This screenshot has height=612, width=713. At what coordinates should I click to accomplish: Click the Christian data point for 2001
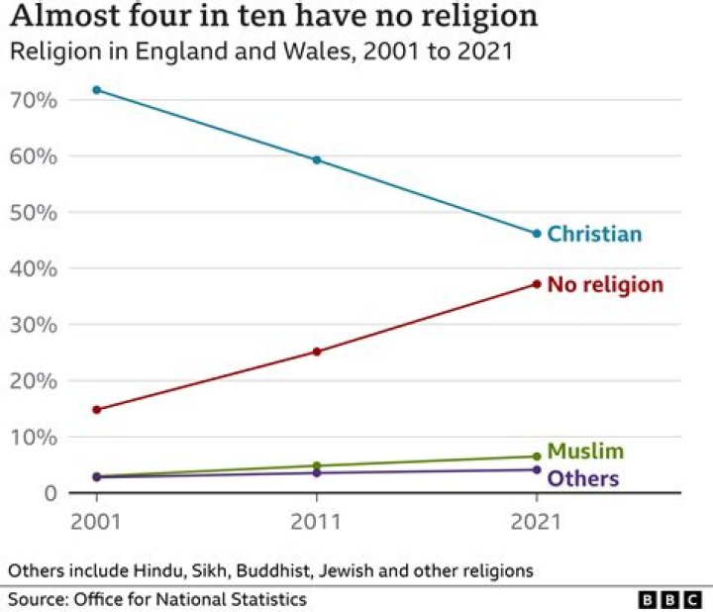(x=96, y=90)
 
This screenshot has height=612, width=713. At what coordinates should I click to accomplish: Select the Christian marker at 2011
(x=317, y=159)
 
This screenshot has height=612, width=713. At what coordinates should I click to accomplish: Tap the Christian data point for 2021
(x=537, y=234)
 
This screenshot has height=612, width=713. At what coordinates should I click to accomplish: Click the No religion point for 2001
(x=96, y=409)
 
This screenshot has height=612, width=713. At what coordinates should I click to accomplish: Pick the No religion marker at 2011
(x=317, y=352)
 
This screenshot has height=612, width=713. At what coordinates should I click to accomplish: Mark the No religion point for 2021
(x=537, y=284)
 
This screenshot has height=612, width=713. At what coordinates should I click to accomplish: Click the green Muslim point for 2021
(x=537, y=457)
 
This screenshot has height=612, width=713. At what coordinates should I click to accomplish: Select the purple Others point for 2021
(x=537, y=469)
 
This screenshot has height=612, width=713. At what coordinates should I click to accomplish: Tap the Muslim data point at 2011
(x=317, y=465)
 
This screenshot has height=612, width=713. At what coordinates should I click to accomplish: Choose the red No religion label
(x=604, y=285)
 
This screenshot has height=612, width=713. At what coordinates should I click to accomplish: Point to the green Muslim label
(x=585, y=452)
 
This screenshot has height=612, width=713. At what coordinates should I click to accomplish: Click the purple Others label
(x=583, y=479)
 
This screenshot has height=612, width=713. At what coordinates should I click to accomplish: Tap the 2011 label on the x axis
(x=317, y=520)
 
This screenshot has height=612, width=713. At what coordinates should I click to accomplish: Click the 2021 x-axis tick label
(x=537, y=520)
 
